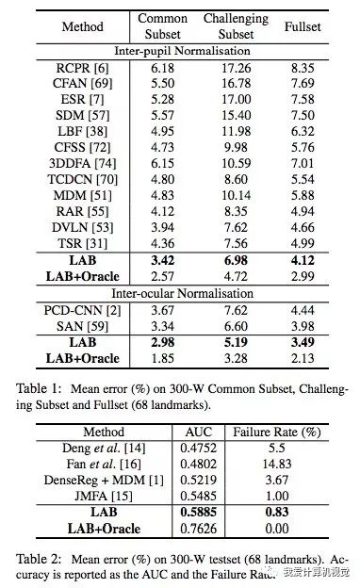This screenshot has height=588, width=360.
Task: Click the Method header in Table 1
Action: [83, 26]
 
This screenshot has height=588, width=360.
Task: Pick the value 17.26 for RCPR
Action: [235, 68]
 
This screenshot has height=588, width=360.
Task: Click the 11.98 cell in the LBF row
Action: [235, 129]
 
